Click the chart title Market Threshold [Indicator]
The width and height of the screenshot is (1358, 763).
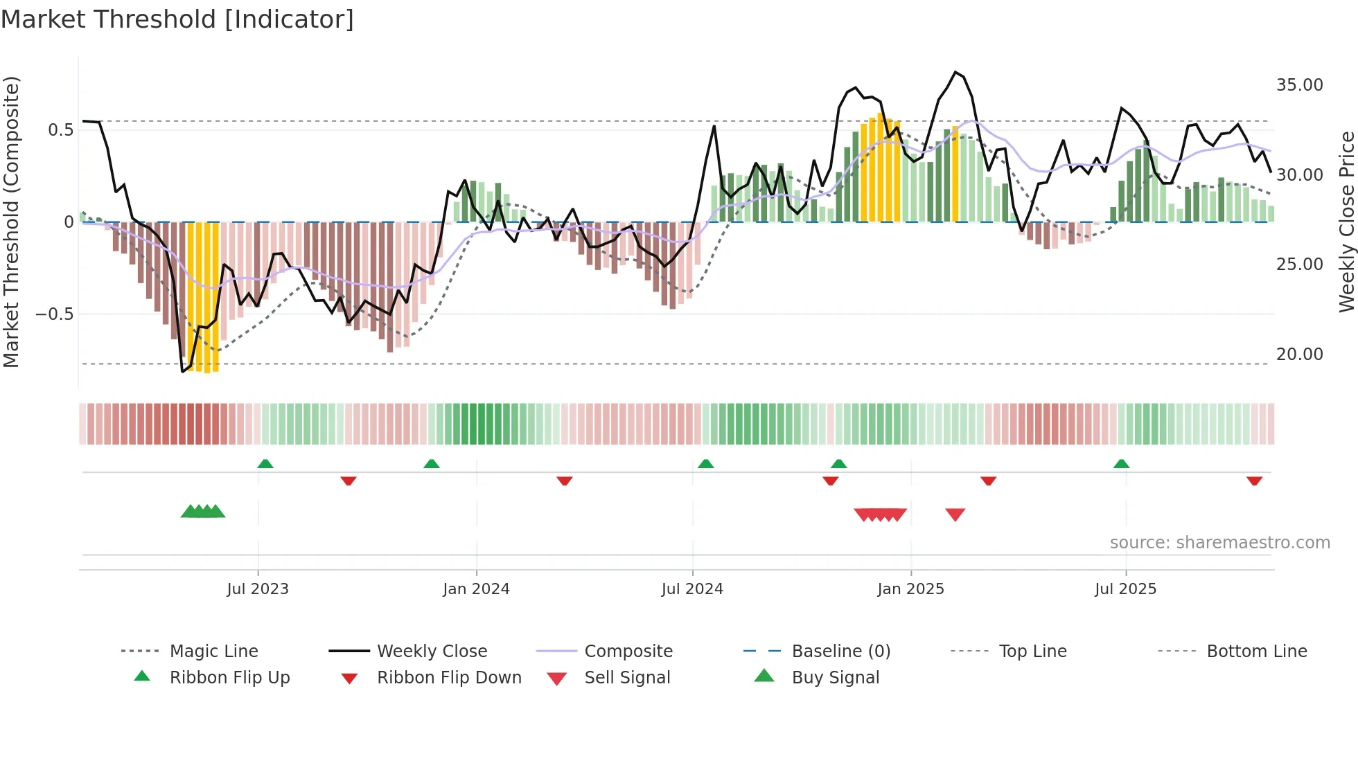[x=177, y=19]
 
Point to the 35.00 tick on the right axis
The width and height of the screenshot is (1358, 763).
[x=1299, y=85]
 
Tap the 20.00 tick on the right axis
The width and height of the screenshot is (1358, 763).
[x=1299, y=354]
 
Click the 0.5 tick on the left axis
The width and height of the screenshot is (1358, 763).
[x=60, y=130]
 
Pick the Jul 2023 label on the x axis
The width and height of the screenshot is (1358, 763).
[x=258, y=589]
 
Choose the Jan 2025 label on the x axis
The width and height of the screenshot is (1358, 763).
[x=910, y=589]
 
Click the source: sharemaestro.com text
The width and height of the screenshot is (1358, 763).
[x=1219, y=543]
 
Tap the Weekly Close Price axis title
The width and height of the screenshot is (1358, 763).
[x=1346, y=222]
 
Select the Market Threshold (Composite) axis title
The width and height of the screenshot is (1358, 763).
[x=11, y=222]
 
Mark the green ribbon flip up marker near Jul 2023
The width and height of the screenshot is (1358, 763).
[x=265, y=464]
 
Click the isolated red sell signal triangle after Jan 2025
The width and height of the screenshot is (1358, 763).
[x=955, y=514]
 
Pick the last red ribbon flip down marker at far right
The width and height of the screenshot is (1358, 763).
[x=1254, y=481]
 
